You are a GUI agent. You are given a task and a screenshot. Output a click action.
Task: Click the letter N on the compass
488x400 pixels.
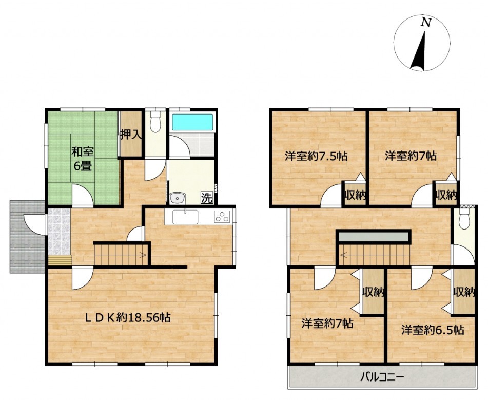(x=426, y=22)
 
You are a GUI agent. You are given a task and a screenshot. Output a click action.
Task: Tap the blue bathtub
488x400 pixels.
(x=192, y=122)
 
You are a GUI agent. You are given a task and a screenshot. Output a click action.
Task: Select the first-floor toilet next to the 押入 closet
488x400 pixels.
(x=154, y=122)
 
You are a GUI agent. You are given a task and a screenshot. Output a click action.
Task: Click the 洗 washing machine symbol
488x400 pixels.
(x=207, y=198)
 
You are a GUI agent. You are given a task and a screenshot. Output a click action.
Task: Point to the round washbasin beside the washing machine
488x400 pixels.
(x=178, y=198)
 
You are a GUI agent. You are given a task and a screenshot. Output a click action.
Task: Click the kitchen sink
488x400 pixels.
(x=185, y=217)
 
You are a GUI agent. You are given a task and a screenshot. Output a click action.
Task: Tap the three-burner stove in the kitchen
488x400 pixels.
(x=222, y=217)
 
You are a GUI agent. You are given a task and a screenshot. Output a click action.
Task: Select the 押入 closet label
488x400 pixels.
(x=131, y=135)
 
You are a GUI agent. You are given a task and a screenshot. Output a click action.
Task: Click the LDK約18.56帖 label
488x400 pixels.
(x=128, y=317)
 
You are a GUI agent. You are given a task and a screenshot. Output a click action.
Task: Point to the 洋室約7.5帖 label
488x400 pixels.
(x=316, y=156)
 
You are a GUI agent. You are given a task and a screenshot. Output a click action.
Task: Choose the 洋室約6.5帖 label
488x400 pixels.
(x=433, y=330)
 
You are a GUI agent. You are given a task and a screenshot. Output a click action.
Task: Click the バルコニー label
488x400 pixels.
(x=382, y=377)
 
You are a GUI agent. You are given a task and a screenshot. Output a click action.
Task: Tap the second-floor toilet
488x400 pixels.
(x=464, y=219)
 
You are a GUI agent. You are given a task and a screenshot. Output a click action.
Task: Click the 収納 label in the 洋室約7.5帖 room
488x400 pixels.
(x=355, y=196)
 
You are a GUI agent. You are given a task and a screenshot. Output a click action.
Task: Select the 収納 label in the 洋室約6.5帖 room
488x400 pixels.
(x=464, y=292)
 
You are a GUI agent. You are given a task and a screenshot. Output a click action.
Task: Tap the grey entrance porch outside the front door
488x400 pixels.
(x=27, y=237)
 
